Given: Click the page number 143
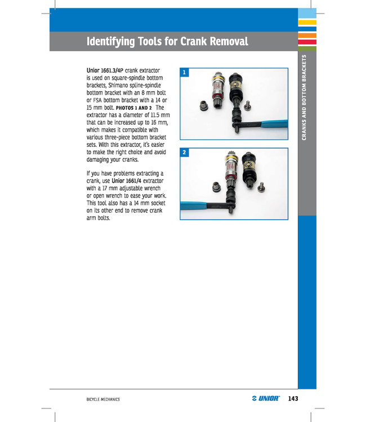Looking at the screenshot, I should pos(292,399).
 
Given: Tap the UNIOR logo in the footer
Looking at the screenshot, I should pos(266,399).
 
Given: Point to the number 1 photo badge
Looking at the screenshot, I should pos(184,73).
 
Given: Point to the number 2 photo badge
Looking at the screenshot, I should pos(184,152).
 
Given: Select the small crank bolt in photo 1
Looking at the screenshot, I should pos(247,104).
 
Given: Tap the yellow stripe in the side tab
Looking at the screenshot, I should pos(306,23).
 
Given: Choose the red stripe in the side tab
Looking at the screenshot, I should pos(306,42).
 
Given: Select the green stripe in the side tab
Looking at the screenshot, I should pos(306,48).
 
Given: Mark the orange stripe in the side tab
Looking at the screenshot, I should pos(306,35).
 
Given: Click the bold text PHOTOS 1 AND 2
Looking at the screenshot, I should pos(133,107).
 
